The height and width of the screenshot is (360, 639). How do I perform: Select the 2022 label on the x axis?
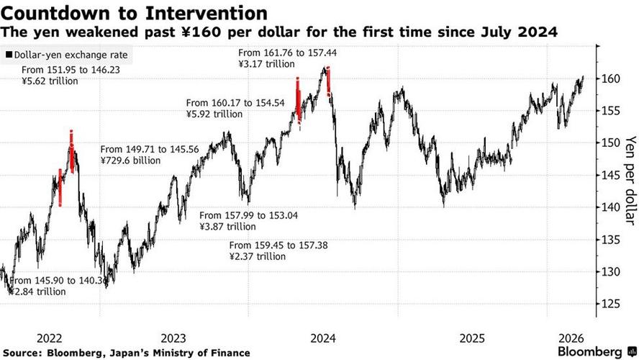point(49,338)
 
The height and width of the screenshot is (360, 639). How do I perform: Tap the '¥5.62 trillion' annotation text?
point(50,81)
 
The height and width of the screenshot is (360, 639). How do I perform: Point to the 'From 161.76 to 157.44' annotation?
point(283,52)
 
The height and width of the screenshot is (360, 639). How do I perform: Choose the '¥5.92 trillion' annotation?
point(214,114)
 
